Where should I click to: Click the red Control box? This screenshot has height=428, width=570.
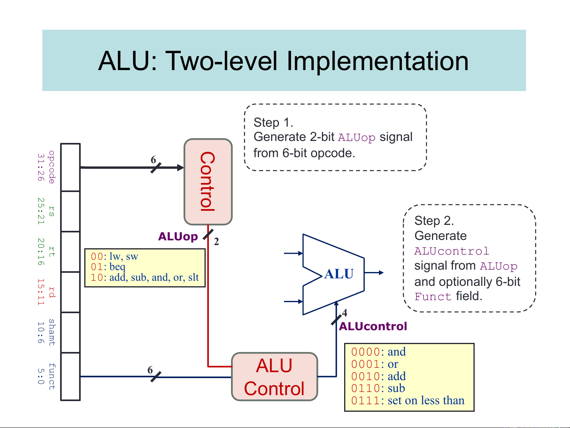pyautogui.click(x=208, y=181)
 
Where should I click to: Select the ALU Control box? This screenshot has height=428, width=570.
pyautogui.click(x=274, y=377)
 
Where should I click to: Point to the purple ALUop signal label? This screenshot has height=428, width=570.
pyautogui.click(x=178, y=236)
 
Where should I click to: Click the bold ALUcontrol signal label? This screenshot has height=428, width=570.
pyautogui.click(x=373, y=326)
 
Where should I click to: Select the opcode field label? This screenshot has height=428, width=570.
pyautogui.click(x=51, y=167)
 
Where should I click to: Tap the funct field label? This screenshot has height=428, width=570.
pyautogui.click(x=51, y=377)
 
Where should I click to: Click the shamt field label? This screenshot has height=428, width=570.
pyautogui.click(x=51, y=332)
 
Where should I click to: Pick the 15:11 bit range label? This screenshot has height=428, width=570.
pyautogui.click(x=40, y=292)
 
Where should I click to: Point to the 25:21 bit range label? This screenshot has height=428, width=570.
pyautogui.click(x=40, y=211)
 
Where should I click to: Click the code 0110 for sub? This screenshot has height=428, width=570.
pyautogui.click(x=365, y=388)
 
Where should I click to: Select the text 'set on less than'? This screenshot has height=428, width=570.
pyautogui.click(x=426, y=401)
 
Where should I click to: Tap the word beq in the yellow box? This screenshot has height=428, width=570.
pyautogui.click(x=117, y=267)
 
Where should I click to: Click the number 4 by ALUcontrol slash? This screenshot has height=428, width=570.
pyautogui.click(x=345, y=313)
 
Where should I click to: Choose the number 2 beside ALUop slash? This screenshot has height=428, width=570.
pyautogui.click(x=216, y=242)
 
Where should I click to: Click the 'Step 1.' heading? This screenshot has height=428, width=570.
pyautogui.click(x=273, y=122)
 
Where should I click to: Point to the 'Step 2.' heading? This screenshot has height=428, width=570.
pyautogui.click(x=434, y=221)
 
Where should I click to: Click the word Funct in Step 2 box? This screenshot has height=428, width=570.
pyautogui.click(x=433, y=297)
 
